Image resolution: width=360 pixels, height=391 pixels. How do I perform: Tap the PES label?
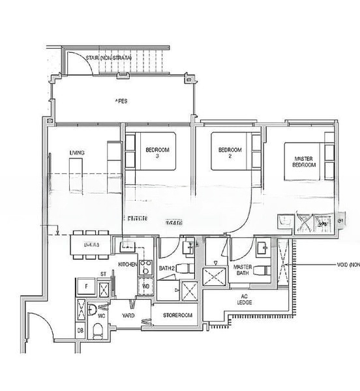121,101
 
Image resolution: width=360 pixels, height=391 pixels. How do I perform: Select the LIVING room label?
78,153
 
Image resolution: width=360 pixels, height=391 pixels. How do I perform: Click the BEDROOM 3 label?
157,153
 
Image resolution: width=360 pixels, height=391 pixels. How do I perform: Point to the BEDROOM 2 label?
230,152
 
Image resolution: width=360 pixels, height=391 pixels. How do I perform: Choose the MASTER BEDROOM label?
305,162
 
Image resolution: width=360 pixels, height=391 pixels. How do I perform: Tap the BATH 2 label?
168,268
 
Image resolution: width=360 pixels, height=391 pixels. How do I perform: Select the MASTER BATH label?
242,271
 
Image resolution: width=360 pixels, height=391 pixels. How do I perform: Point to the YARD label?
128,315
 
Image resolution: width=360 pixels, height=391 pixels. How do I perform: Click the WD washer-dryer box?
145,285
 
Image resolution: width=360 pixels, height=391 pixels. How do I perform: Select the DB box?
80,331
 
